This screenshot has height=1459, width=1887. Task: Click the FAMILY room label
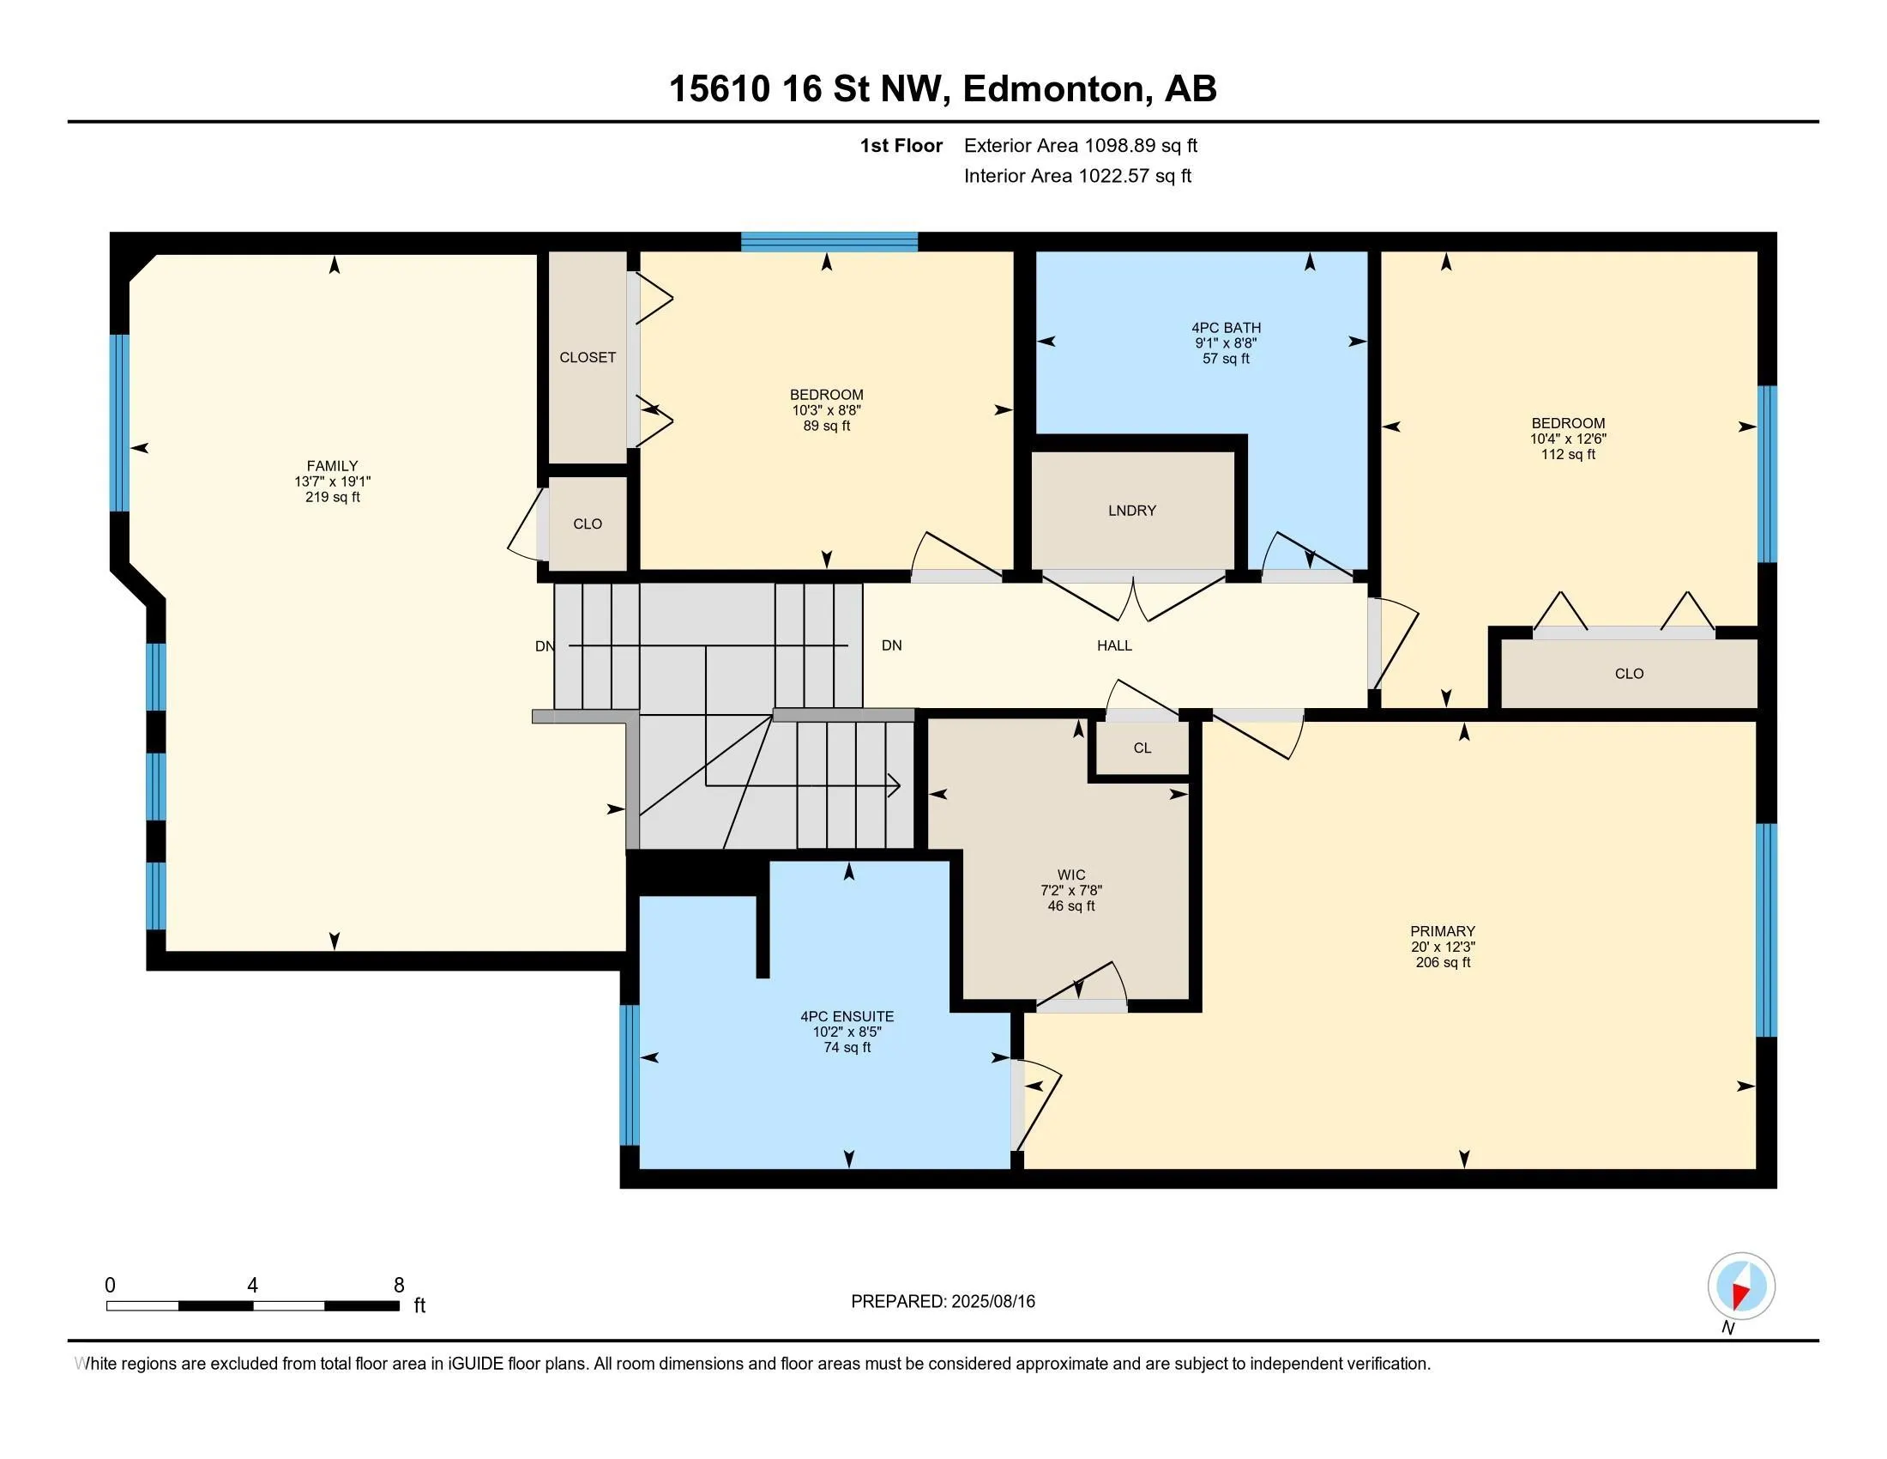coord(333,466)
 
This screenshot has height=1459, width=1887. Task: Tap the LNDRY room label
coord(1132,511)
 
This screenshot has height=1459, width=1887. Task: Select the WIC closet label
coord(1071,875)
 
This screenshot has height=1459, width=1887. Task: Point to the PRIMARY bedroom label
coord(1443,931)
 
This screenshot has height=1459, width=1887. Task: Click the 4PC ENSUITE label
coord(847,1016)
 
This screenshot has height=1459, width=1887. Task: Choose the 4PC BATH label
coord(1226,328)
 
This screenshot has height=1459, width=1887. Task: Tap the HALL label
coord(1114,645)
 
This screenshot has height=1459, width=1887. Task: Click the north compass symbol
coord(1741,1287)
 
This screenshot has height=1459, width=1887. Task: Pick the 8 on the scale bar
coord(399,1286)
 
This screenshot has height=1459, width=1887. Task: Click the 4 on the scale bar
coord(252,1286)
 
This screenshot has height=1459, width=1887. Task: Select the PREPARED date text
coord(943,1302)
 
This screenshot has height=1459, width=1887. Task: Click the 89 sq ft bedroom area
coord(827,427)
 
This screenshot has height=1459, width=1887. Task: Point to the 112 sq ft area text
coord(1568,455)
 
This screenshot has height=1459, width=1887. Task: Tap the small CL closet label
coord(1142,748)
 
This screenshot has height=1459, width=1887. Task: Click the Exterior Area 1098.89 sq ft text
coord(1081,145)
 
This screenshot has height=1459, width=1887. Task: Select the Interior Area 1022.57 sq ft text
coord(1077,175)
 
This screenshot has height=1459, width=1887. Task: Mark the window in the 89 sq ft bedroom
coord(829,242)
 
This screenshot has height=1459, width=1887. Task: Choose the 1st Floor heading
coord(901,145)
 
